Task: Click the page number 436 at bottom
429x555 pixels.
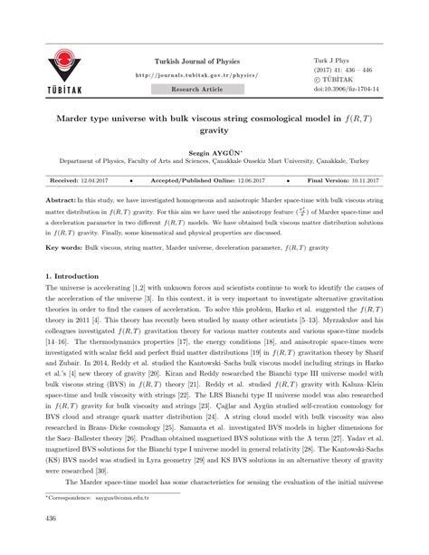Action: (51, 543)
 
